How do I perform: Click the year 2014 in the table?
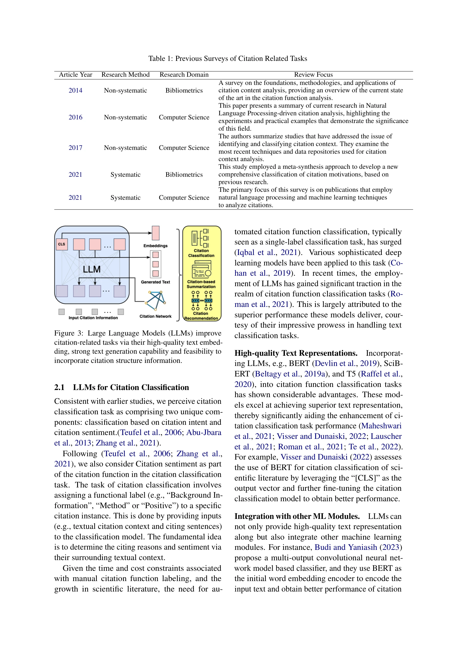(x=75, y=90)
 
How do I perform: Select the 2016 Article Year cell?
(x=75, y=117)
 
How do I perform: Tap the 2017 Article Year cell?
(x=75, y=148)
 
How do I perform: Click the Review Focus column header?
(x=313, y=75)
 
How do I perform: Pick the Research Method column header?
(x=125, y=75)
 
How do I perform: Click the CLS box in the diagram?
(x=62, y=244)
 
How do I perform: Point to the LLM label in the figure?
(x=92, y=269)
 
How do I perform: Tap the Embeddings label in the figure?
(x=155, y=246)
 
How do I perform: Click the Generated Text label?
(x=155, y=282)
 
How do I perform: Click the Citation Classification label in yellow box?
(x=201, y=253)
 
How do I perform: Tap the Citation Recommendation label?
(x=201, y=316)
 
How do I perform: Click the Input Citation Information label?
(x=93, y=318)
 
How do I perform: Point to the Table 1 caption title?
(x=227, y=59)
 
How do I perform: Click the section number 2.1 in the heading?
(x=59, y=387)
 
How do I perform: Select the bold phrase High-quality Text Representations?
(x=296, y=353)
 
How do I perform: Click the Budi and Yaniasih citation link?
(x=346, y=547)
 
